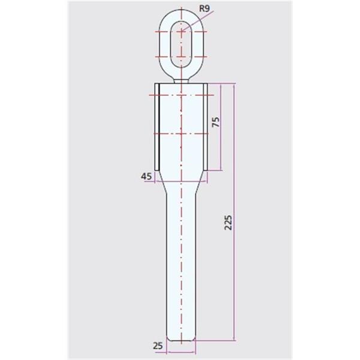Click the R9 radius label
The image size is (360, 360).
[x=205, y=9]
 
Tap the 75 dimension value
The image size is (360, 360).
[x=216, y=122]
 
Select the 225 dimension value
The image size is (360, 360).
[x=228, y=222]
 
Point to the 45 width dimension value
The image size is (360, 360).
[x=146, y=176]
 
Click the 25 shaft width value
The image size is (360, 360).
[x=158, y=346]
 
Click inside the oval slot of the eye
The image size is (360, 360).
[x=182, y=44]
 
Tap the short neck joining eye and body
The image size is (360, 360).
[x=181, y=81]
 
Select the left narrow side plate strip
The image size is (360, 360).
[x=157, y=127]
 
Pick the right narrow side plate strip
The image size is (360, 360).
[x=205, y=127]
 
